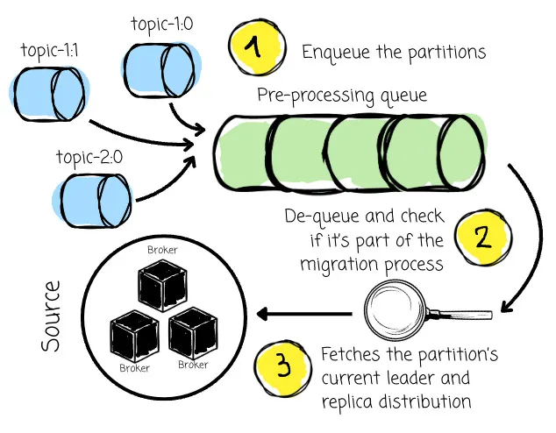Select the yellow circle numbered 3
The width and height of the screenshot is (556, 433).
click(x=282, y=366)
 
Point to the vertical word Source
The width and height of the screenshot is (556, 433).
click(x=53, y=316)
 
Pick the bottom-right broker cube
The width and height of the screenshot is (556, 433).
click(x=193, y=334)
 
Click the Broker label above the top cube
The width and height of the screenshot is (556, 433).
click(x=163, y=251)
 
